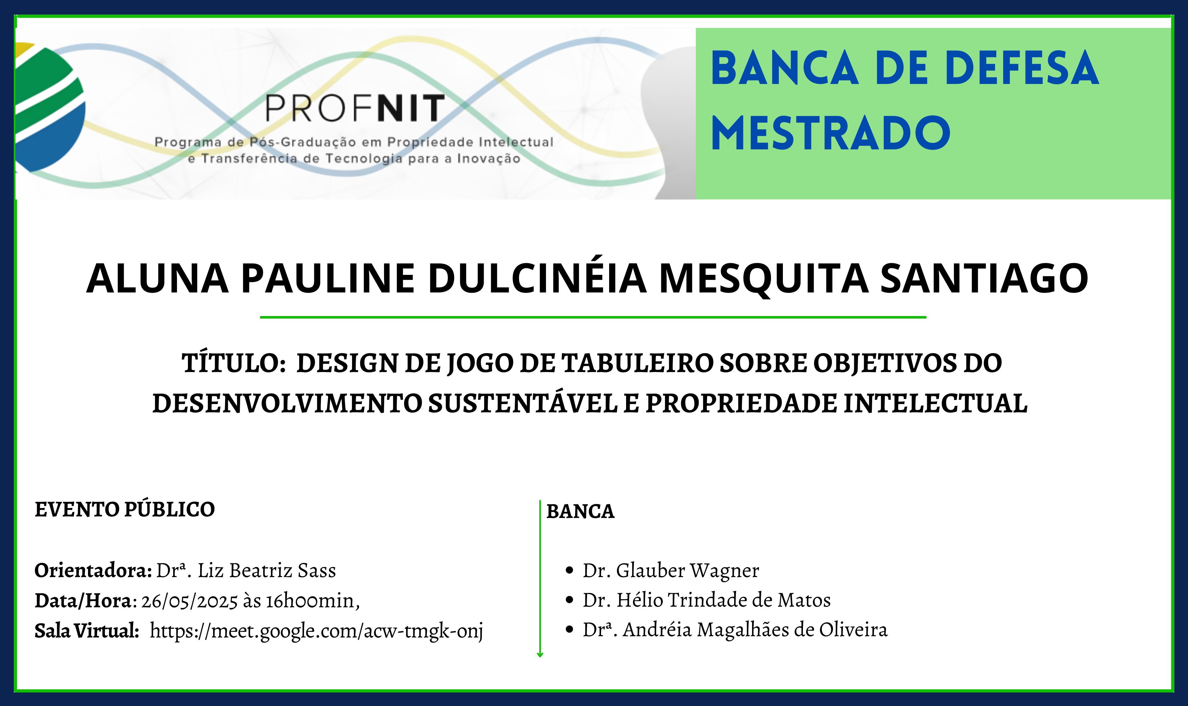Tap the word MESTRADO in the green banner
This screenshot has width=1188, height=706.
[x=831, y=133]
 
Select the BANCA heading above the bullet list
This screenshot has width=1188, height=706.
[x=580, y=511]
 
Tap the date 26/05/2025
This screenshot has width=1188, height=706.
[x=189, y=601]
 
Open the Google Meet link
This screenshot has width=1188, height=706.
[x=316, y=631]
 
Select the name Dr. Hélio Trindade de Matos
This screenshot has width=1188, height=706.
[x=707, y=600]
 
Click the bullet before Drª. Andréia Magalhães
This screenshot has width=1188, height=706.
[x=569, y=629]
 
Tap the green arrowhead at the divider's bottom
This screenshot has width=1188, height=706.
[x=540, y=655]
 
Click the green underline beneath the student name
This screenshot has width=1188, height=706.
[x=593, y=317]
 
